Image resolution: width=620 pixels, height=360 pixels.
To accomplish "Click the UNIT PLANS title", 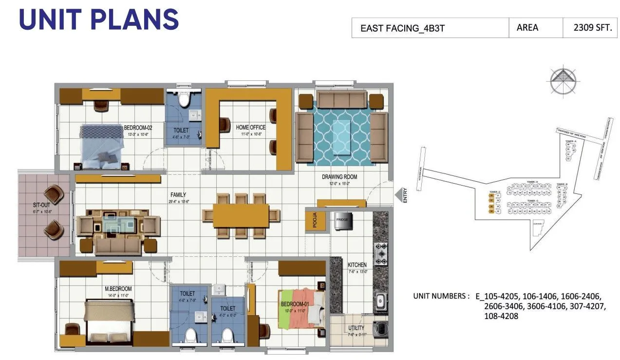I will [99, 19].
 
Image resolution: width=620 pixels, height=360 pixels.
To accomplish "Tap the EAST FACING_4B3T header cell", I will [402, 28].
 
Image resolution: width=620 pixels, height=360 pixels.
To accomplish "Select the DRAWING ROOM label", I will [339, 177].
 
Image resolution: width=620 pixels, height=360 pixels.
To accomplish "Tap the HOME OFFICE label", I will [251, 127].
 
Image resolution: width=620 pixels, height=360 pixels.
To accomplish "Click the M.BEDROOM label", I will [118, 288].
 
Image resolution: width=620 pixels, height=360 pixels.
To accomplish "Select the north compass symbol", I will [563, 79].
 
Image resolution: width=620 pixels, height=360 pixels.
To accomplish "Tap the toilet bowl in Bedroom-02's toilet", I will [184, 99].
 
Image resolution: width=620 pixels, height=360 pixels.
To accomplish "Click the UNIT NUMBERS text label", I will [441, 296].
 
